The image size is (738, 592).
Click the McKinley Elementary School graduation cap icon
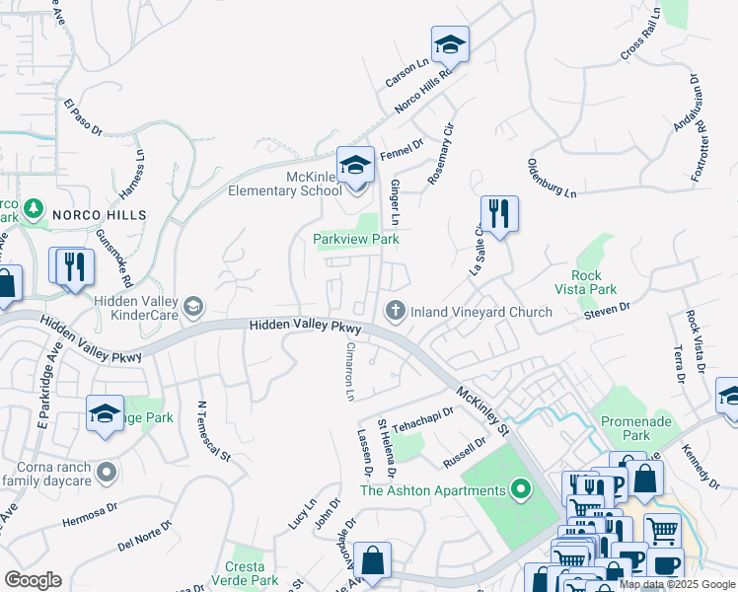[355, 165]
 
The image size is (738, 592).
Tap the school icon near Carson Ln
[450, 44]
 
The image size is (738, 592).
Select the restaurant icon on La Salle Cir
[499, 213]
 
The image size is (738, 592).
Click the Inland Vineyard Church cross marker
[396, 312]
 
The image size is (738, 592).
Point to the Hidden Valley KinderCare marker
[193, 306]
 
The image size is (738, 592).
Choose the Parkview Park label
[355, 239]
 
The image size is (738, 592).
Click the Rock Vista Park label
[594, 282]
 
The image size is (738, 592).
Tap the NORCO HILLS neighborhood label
[99, 214]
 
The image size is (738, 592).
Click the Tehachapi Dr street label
[421, 421]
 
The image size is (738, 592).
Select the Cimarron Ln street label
[348, 371]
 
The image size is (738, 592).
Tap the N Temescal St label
[213, 431]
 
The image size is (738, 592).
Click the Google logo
[33, 580]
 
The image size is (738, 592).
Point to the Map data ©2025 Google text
[676, 584]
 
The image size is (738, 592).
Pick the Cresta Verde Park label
[245, 573]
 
